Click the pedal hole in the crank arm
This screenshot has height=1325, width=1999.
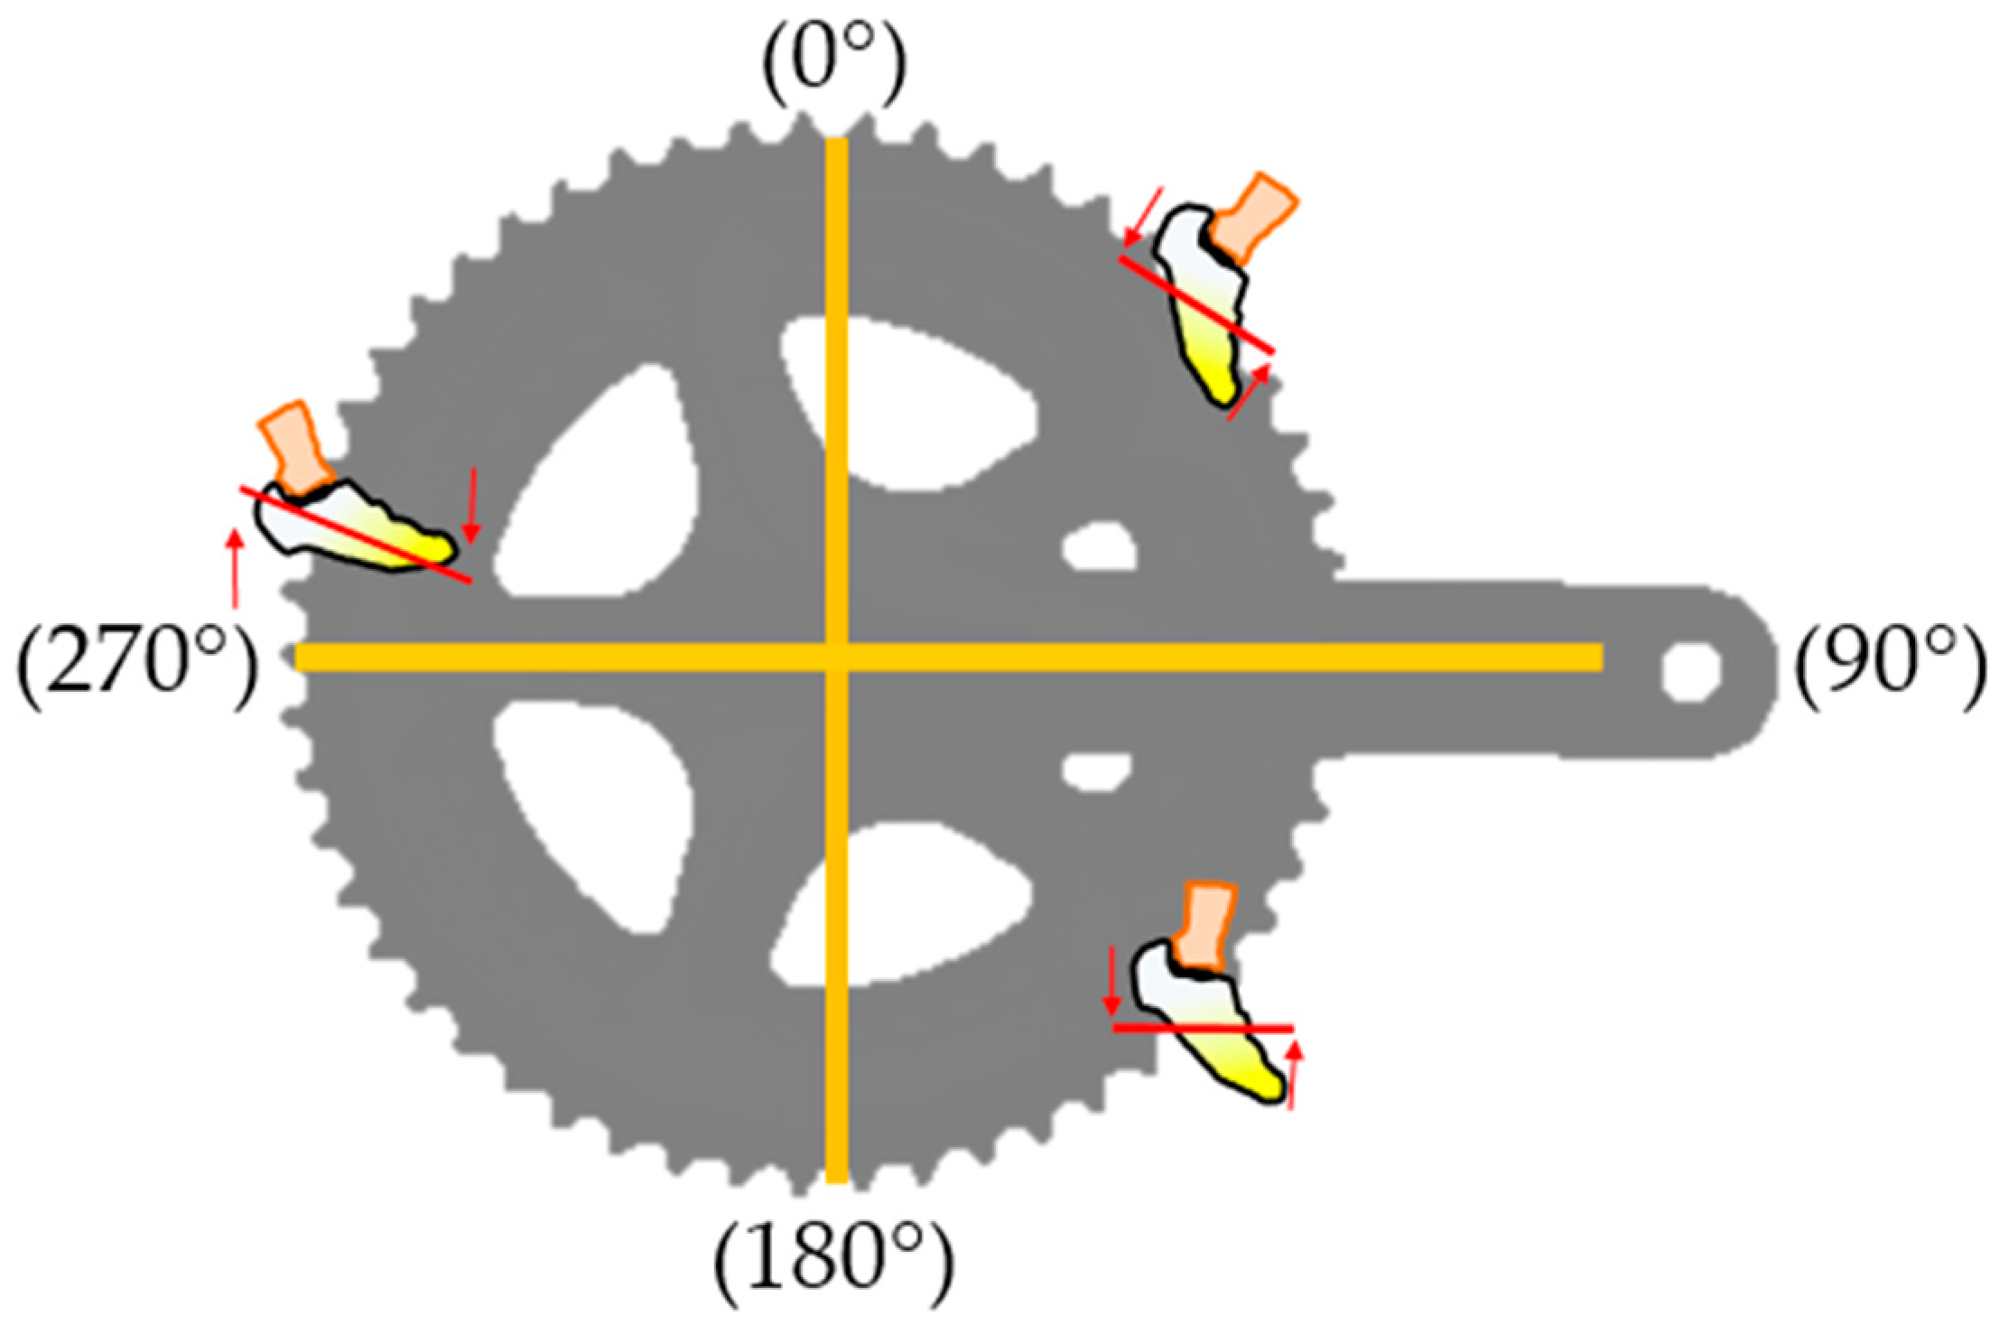(x=1690, y=671)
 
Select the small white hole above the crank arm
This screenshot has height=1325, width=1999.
(x=1099, y=546)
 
